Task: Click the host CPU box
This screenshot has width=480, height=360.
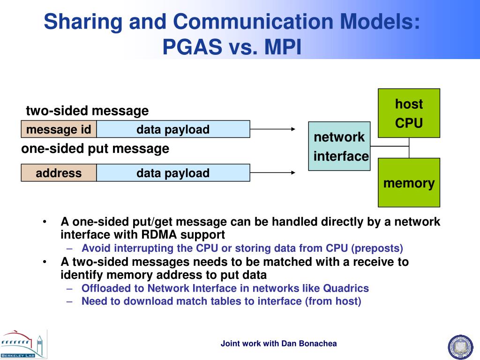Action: point(409,113)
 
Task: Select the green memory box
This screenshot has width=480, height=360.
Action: point(409,182)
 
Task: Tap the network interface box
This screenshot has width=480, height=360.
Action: point(339,146)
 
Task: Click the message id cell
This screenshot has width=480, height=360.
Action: point(59,129)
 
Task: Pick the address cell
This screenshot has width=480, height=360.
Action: point(59,173)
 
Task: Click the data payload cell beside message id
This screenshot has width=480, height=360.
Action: point(173,129)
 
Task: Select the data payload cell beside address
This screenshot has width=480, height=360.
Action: point(173,173)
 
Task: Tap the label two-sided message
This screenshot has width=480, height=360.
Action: point(87,111)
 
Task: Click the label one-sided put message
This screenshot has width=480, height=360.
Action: point(95,149)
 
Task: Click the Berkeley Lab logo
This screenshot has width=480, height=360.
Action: point(23,344)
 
